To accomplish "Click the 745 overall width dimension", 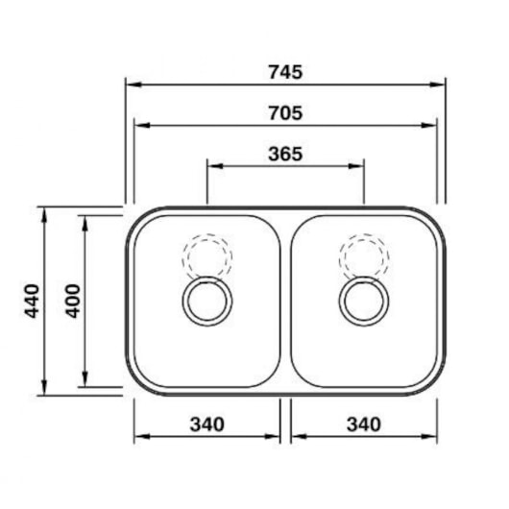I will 285,70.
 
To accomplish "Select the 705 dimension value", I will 285,112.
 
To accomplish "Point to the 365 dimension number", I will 285,154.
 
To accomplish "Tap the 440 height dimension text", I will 33,302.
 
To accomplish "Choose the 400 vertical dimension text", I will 72,302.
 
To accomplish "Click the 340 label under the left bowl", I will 206,424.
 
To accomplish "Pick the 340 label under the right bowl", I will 363,424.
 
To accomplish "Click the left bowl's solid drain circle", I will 207,303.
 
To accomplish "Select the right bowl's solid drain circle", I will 364,303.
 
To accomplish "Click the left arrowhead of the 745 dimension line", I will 132,84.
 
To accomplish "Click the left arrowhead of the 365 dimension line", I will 213,165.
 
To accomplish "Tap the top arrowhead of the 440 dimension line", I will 44,212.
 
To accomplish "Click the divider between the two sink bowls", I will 285,302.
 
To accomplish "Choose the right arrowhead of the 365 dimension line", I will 358,165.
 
